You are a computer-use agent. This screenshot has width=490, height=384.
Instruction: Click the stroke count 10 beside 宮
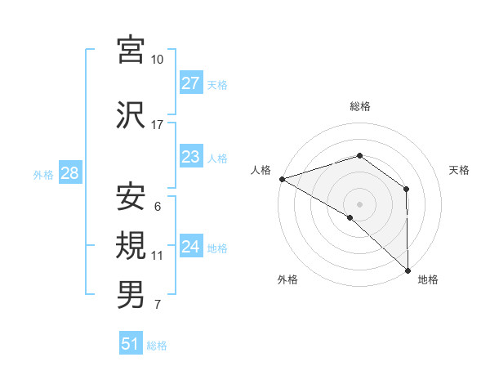click(158, 60)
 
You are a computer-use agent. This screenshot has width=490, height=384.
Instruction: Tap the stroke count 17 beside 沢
click(158, 125)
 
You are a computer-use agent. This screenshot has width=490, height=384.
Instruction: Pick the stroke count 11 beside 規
click(158, 256)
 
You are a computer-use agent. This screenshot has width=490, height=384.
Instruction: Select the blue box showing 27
click(190, 83)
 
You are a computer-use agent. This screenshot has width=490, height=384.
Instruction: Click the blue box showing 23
click(190, 158)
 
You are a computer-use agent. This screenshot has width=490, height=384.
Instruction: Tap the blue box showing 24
click(190, 247)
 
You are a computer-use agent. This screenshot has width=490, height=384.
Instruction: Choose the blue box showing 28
click(69, 173)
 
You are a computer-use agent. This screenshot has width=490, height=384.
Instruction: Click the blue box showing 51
click(131, 344)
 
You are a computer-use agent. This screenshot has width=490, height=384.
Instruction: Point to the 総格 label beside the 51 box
click(157, 346)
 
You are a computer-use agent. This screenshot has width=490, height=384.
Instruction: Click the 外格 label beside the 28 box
click(43, 174)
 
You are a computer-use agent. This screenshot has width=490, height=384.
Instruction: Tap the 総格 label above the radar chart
click(360, 107)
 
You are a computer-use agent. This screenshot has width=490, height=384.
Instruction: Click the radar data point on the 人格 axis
click(282, 179)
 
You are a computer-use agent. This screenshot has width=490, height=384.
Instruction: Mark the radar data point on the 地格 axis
click(407, 269)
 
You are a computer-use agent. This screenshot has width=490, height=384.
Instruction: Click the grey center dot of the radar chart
click(360, 203)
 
